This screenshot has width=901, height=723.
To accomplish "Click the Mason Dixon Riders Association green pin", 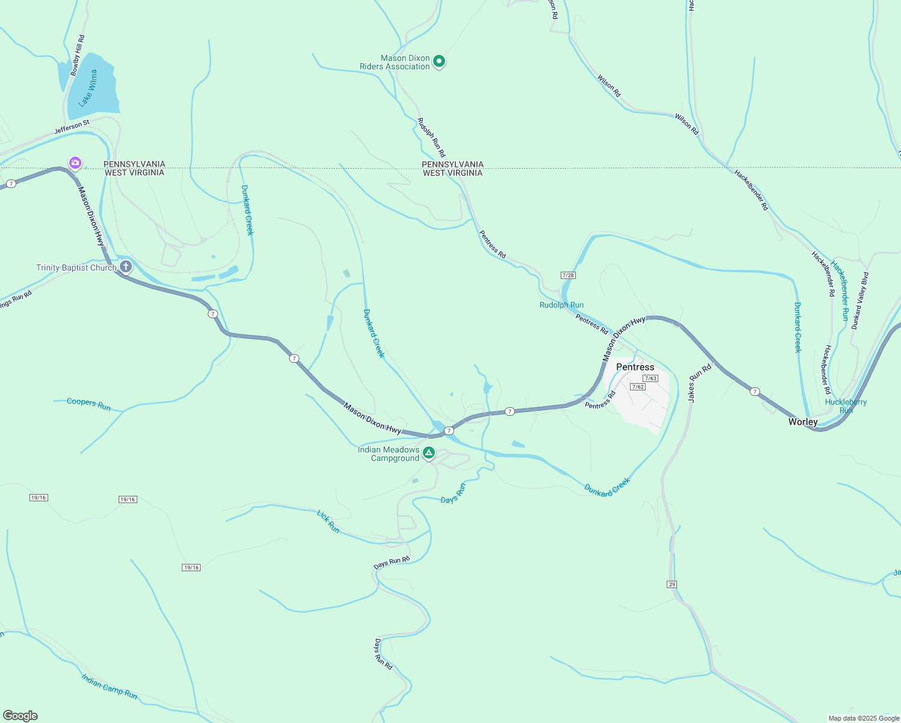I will click(439, 61).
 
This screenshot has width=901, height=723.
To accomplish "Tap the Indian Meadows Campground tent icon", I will click(428, 452).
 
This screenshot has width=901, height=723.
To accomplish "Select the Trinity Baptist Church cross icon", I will click(125, 266).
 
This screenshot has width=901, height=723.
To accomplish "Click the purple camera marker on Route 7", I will click(75, 163).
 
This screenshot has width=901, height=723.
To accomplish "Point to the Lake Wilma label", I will click(88, 88).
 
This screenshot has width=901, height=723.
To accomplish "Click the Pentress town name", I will click(635, 367).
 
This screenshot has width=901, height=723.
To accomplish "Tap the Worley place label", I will click(803, 422).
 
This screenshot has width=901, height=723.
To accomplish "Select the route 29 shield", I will click(672, 584).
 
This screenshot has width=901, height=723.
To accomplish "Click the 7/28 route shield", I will click(568, 275).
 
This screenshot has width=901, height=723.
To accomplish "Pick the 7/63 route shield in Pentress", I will click(650, 378).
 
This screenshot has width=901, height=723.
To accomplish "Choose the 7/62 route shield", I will click(638, 387).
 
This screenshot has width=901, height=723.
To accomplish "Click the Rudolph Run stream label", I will click(561, 305).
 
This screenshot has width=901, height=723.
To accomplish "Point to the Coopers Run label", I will click(89, 404).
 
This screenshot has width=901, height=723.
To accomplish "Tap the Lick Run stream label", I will click(328, 521).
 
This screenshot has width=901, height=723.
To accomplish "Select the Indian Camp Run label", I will click(110, 687).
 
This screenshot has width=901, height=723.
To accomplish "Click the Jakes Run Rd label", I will click(699, 383).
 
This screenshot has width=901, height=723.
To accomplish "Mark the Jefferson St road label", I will click(72, 127).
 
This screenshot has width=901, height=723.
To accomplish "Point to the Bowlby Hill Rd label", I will click(78, 55).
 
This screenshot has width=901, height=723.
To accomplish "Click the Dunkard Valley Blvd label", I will click(860, 301).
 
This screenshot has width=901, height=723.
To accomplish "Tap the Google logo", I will click(20, 716).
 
